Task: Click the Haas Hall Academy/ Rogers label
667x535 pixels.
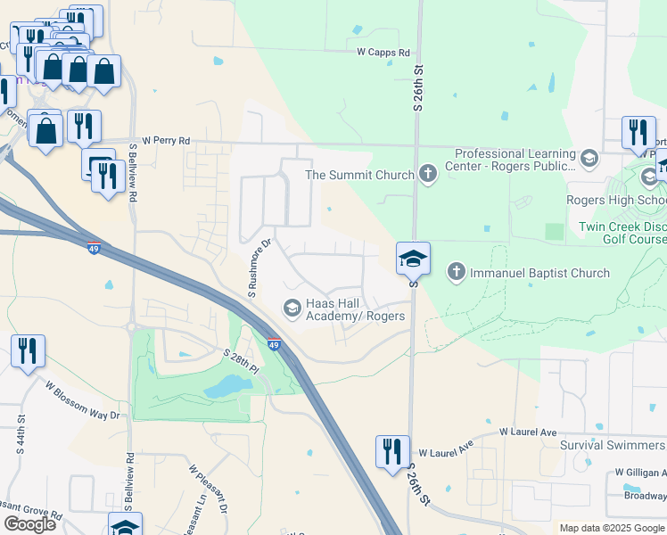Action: pyautogui.click(x=356, y=309)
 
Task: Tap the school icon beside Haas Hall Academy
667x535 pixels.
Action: pyautogui.click(x=292, y=309)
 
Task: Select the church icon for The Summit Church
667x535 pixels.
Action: pyautogui.click(x=428, y=174)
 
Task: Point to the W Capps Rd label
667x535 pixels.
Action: pyautogui.click(x=383, y=53)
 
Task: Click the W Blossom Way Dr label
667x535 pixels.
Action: pyautogui.click(x=82, y=399)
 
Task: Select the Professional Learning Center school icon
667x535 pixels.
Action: pyautogui.click(x=589, y=159)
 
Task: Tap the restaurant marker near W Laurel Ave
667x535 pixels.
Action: pyautogui.click(x=392, y=451)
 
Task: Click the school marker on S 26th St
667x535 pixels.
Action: pyautogui.click(x=414, y=259)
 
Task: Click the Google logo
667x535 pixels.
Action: pyautogui.click(x=29, y=523)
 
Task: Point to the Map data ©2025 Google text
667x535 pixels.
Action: pyautogui.click(x=612, y=528)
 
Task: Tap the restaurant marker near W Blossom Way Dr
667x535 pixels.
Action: pyautogui.click(x=28, y=351)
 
